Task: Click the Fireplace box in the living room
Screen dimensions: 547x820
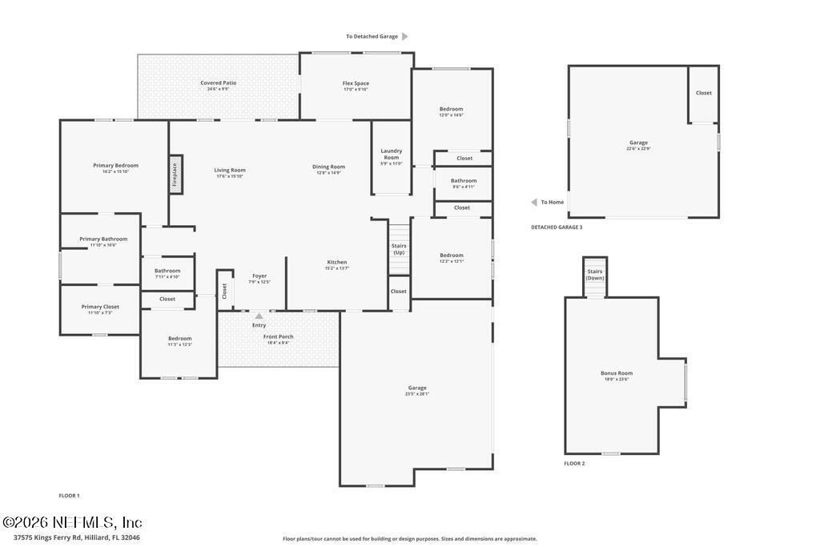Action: (x=175, y=175)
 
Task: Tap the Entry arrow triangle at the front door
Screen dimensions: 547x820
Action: (x=259, y=316)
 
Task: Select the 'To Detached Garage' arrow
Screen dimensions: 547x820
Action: (x=405, y=36)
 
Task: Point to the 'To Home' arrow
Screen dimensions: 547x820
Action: (x=534, y=202)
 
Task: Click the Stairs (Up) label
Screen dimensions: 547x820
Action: (x=399, y=249)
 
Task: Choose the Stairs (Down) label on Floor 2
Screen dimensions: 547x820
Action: (x=595, y=275)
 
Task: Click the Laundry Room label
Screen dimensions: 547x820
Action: (x=392, y=155)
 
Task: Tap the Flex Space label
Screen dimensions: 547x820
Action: (x=356, y=83)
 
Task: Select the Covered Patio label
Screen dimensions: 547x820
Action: (x=218, y=82)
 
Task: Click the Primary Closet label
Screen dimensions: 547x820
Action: (x=100, y=307)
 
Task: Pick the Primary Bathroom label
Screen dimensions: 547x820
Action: (x=103, y=239)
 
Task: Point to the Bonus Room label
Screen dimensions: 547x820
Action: (x=617, y=373)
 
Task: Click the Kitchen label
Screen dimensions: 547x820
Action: (x=337, y=263)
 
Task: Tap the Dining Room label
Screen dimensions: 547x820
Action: (x=328, y=167)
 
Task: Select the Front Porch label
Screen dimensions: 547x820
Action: (x=279, y=336)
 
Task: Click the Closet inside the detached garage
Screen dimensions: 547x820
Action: (x=703, y=93)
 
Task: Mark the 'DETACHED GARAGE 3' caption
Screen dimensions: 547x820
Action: (x=557, y=227)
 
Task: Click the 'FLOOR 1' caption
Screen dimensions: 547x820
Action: (x=69, y=496)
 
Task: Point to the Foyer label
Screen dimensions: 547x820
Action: (x=259, y=276)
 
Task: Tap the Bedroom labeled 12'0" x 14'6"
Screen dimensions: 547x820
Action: (x=451, y=109)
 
